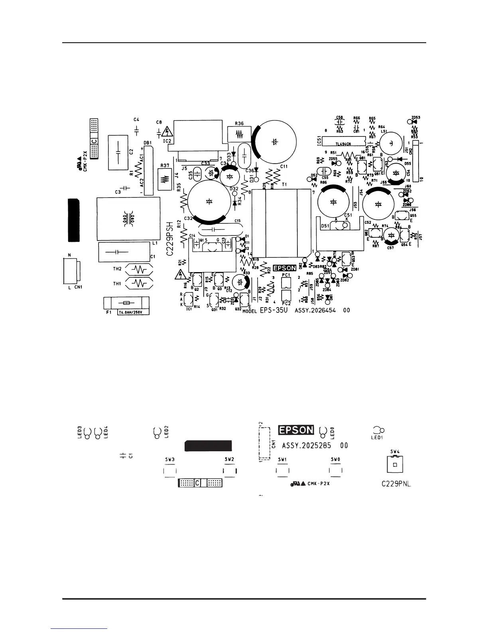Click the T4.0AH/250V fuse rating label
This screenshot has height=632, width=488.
pyautogui.click(x=133, y=312)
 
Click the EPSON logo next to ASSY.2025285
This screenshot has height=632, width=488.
pyautogui.click(x=296, y=430)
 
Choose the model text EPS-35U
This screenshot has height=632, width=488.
pyautogui.click(x=274, y=310)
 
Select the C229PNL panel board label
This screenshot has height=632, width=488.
pyautogui.click(x=396, y=484)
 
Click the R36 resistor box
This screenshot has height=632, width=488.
pyautogui.click(x=239, y=134)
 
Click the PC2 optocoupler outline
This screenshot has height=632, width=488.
pyautogui.click(x=285, y=296)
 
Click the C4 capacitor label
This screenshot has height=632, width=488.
pyautogui.click(x=136, y=119)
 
